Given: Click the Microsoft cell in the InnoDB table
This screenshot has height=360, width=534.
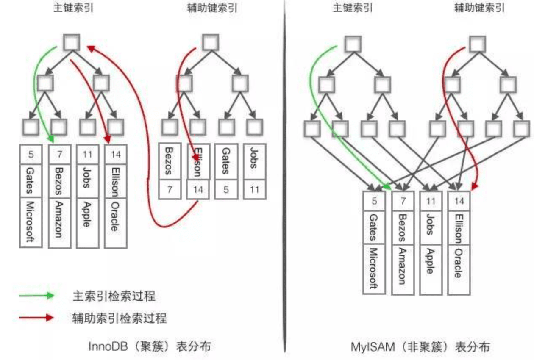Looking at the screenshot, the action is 31,222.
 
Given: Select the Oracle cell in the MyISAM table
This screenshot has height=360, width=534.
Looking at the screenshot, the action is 459,269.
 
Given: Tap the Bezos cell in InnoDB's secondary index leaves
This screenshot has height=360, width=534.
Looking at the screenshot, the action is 170,161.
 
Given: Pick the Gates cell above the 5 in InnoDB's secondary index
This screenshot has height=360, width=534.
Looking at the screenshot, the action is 226,161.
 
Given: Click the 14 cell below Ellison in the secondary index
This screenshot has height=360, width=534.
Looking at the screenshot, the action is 198,189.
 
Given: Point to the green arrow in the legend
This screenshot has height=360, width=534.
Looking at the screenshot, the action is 36,296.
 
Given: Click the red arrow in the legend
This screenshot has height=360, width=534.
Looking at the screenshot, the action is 36,318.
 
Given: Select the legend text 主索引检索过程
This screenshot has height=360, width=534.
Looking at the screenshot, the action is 114,296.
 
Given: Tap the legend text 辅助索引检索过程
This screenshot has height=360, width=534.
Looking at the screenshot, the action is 120,318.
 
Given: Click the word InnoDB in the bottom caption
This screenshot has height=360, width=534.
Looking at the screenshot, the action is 108,346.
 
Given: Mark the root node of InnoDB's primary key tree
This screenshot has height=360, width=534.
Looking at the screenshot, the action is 72,42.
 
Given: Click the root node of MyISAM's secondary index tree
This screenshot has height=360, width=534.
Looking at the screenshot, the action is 478,44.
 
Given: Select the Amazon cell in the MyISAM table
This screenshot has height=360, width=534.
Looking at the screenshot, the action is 403,269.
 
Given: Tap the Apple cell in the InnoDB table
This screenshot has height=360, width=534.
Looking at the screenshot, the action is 87,223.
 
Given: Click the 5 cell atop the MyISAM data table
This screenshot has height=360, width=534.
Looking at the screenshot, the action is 374,201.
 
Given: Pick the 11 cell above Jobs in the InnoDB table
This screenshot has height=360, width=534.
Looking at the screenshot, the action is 87,155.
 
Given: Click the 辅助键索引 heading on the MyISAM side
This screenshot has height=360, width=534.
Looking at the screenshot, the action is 479,8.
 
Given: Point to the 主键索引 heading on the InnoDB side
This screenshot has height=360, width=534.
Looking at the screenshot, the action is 73,8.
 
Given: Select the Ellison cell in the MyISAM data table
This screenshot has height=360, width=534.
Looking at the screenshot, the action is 459,227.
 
